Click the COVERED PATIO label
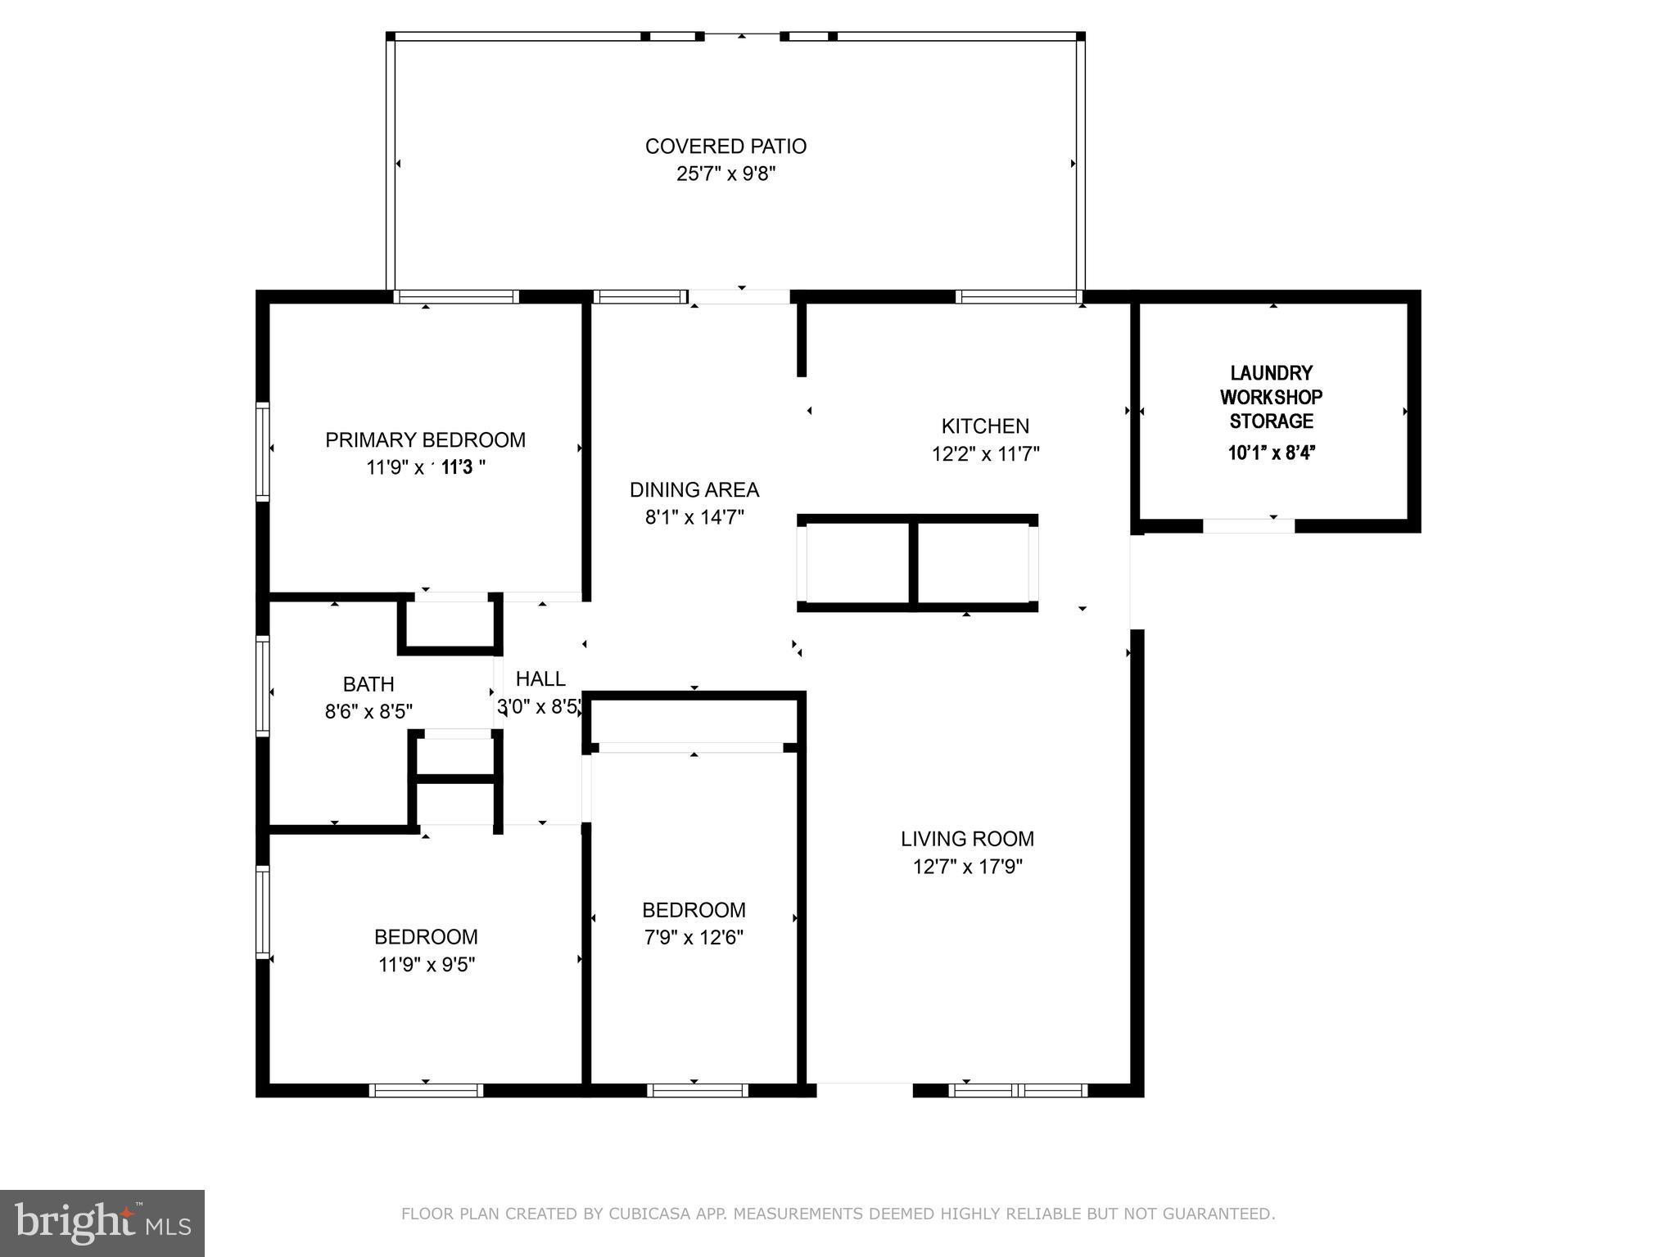(725, 146)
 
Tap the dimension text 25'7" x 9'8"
(725, 174)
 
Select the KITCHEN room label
(985, 426)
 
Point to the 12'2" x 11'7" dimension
(985, 454)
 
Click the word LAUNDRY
(1271, 373)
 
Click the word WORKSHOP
(1271, 398)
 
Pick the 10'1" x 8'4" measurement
(1271, 453)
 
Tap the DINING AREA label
(694, 490)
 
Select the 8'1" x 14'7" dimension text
(694, 517)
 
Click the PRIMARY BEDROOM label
(425, 440)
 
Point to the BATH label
(368, 684)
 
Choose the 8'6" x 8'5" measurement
(368, 712)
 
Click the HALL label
(540, 679)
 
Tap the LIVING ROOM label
(967, 839)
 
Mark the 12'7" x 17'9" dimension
(967, 867)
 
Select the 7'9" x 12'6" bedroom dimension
(694, 938)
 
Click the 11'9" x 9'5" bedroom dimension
(427, 965)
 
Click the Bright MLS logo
(102, 1223)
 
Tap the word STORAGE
(1271, 421)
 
